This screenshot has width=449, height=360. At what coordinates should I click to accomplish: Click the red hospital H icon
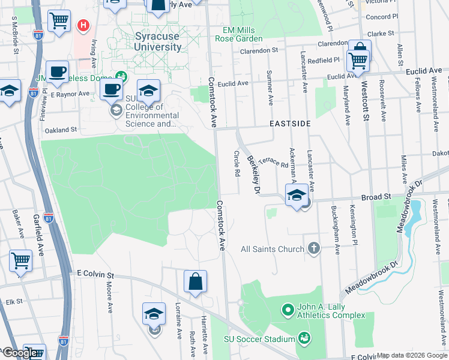coord(83,26)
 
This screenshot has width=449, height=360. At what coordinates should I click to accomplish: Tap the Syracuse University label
coord(157,41)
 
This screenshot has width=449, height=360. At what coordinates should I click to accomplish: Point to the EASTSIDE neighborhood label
coord(290,124)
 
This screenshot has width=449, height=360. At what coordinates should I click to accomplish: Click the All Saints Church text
coord(273,249)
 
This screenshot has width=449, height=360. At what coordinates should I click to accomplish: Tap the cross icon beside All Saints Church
coord(313,248)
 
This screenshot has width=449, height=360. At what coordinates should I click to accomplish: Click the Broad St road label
coord(376,196)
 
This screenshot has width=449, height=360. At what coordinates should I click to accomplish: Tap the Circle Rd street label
coord(237,163)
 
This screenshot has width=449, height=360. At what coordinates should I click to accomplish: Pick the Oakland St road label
coord(61,130)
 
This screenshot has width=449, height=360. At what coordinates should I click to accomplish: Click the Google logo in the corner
coord(20,353)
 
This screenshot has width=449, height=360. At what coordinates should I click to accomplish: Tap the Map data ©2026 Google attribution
coord(412,355)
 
